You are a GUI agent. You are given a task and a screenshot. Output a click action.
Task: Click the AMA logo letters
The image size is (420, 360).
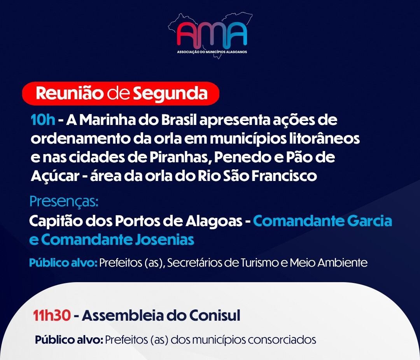click(x=212, y=34)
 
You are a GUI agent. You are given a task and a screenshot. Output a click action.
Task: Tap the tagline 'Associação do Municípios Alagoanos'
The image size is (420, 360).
click(x=212, y=52)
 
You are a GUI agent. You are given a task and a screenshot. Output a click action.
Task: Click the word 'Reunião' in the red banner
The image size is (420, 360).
click(x=69, y=93)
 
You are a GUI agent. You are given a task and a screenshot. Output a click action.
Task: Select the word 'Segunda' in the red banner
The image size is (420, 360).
click(x=170, y=94)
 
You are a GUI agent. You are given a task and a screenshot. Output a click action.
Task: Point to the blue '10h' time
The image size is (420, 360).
click(x=43, y=120)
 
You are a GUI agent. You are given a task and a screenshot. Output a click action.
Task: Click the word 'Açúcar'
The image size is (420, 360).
click(x=55, y=176)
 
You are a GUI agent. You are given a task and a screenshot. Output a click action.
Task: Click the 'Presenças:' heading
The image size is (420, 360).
click(x=64, y=202)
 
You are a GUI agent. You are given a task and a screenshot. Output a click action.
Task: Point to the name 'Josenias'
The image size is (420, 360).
click(x=164, y=240)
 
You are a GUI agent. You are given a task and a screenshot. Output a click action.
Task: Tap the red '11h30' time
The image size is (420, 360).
click(x=52, y=316)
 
